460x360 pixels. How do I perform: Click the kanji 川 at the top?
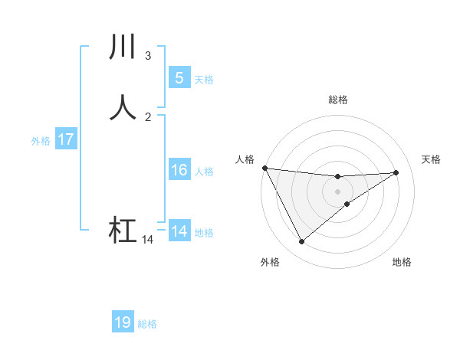click(x=123, y=47)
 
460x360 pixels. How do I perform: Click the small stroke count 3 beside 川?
click(x=147, y=56)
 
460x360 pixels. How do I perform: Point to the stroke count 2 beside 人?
click(x=147, y=116)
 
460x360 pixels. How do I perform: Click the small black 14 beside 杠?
click(x=147, y=240)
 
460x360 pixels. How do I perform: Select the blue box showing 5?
click(x=179, y=78)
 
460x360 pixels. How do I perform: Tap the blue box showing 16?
click(x=179, y=170)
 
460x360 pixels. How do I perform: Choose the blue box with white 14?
click(x=179, y=231)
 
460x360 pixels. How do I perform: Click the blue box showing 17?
click(x=65, y=139)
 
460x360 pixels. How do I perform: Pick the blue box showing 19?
click(x=123, y=322)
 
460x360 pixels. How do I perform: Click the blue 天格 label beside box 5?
click(x=204, y=80)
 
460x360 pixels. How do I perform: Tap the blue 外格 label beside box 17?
click(x=41, y=141)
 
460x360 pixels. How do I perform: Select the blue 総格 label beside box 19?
click(x=147, y=324)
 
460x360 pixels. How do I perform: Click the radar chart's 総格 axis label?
click(x=337, y=100)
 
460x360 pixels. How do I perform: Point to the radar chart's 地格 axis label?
click(x=402, y=263)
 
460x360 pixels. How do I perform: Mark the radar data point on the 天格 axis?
click(x=396, y=172)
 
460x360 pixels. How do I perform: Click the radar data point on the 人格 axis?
click(x=264, y=168)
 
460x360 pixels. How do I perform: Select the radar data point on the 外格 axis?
click(x=301, y=242)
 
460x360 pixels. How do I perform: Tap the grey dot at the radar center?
click(x=337, y=191)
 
